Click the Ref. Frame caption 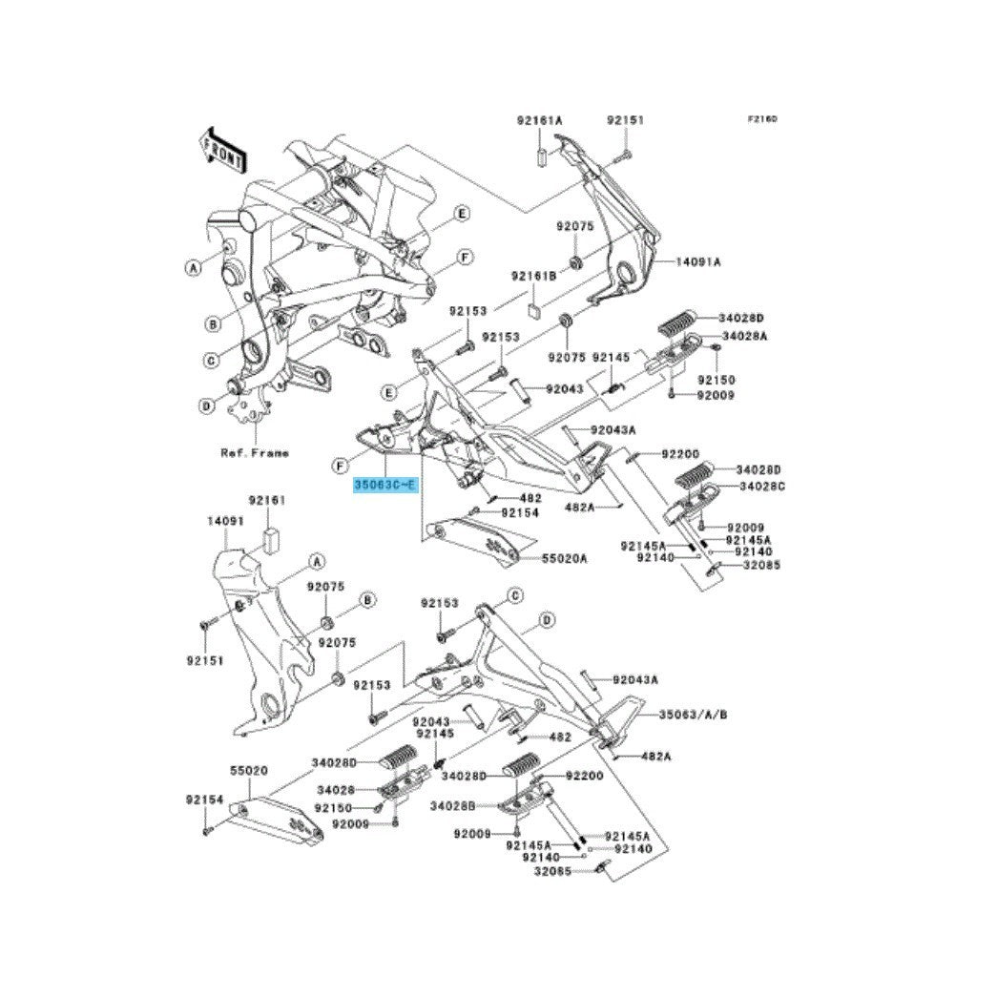(254, 452)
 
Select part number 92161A (540, 121)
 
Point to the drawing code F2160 (762, 120)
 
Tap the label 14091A (699, 261)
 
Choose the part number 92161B (532, 276)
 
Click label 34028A (745, 337)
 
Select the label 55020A (565, 557)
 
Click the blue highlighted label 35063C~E (385, 486)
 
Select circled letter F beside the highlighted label (341, 466)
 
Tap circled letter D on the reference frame (206, 405)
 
